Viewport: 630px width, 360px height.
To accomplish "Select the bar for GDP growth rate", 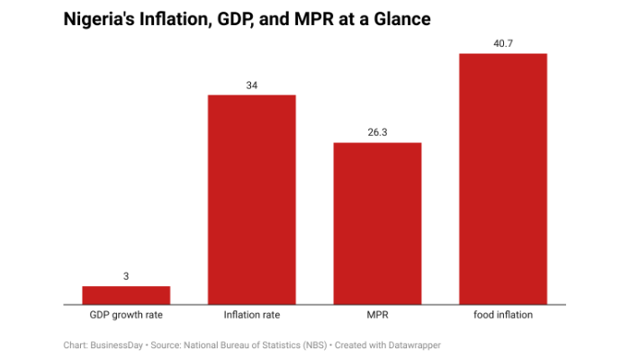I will (x=126, y=295).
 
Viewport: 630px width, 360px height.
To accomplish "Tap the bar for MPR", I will (x=378, y=223).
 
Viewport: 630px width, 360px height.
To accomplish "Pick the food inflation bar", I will (x=503, y=179).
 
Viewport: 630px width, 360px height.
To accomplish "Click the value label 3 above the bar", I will (x=126, y=276).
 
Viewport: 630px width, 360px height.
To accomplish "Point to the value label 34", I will (x=252, y=85).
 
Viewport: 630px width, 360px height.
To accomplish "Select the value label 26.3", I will (x=378, y=132).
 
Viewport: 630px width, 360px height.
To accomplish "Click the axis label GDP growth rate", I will (x=126, y=315).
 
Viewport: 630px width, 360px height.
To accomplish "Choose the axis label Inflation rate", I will (x=252, y=315).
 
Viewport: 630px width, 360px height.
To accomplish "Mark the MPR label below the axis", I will (x=378, y=315).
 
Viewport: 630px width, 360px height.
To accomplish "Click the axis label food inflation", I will (x=503, y=315).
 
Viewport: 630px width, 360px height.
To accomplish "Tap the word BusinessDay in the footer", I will (x=117, y=345).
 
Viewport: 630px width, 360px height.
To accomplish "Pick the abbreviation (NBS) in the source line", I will (x=313, y=345).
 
